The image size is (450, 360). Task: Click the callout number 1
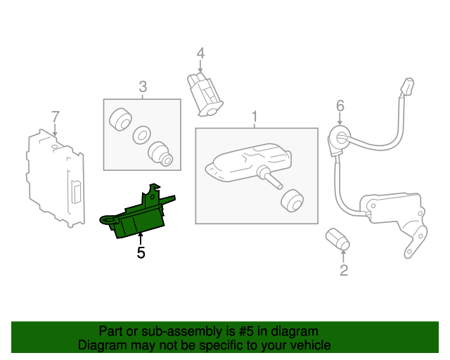(255, 116)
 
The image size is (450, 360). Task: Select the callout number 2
(344, 269)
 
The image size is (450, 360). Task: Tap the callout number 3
(143, 87)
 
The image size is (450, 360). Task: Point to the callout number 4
(200, 53)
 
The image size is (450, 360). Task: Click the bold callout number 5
(141, 252)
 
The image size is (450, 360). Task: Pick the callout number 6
(340, 105)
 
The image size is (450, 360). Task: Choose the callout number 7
(55, 116)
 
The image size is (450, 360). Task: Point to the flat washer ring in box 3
(142, 134)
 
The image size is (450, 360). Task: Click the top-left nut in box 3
(121, 119)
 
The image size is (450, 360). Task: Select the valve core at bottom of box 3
(161, 153)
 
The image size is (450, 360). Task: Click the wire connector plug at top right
(406, 89)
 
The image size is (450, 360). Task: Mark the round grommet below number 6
(340, 138)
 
